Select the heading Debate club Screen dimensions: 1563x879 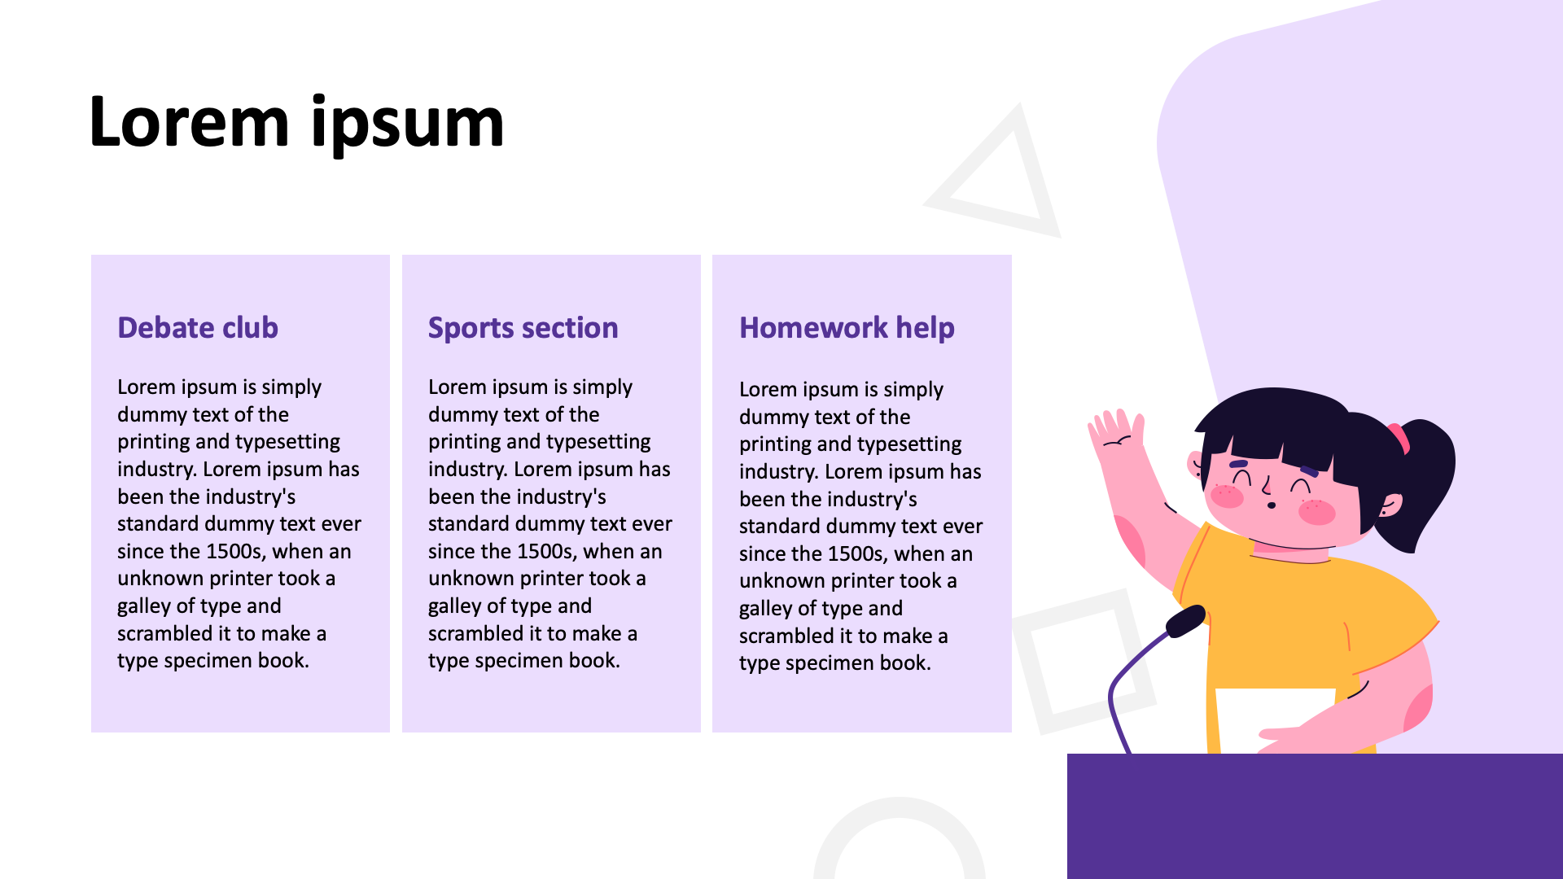pyautogui.click(x=198, y=327)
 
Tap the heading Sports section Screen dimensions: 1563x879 pyautogui.click(x=523, y=327)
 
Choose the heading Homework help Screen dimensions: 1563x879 pyautogui.click(x=847, y=327)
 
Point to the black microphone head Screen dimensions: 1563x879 pyautogui.click(x=1186, y=621)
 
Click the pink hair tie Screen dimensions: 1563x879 pyautogui.click(x=1399, y=437)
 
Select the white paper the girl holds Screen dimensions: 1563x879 pyautogui.click(x=1274, y=719)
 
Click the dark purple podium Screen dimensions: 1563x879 pyautogui.click(x=1315, y=816)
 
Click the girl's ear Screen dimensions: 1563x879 pyautogui.click(x=1390, y=505)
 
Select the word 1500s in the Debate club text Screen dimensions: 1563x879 pyautogui.click(x=234, y=551)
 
